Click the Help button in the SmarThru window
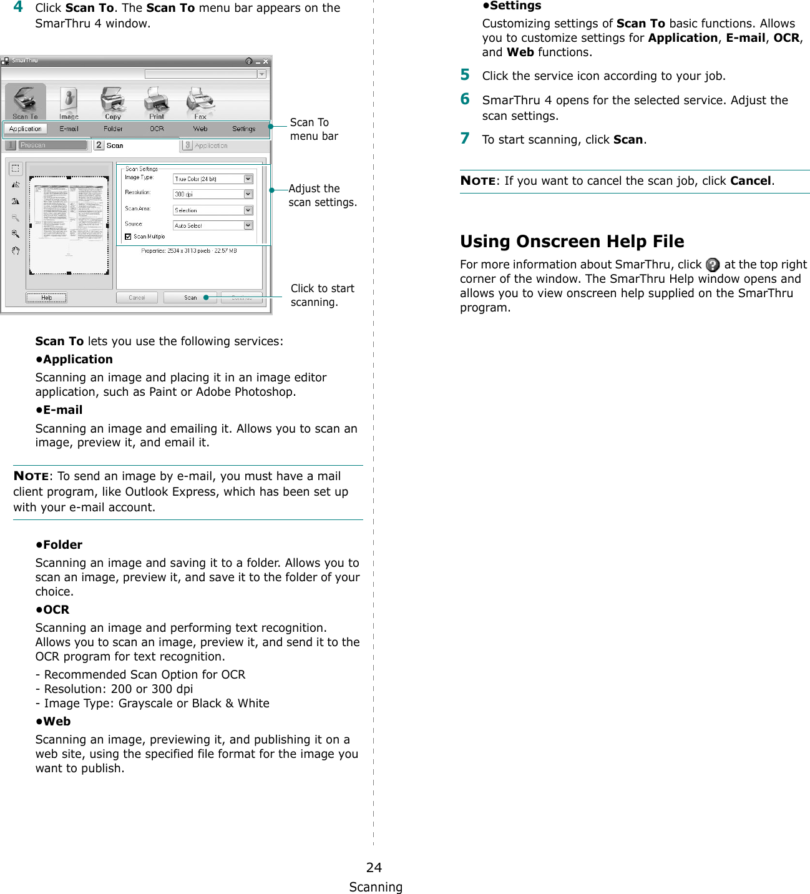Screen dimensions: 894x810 46,298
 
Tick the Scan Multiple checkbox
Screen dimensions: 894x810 128,237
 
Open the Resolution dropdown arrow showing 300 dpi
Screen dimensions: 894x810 248,194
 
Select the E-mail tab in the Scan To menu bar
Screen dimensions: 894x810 69,129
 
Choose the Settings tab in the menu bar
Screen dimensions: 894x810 243,129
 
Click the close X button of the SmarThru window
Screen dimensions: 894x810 266,61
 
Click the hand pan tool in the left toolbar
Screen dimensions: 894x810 16,251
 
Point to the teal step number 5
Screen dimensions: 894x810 465,75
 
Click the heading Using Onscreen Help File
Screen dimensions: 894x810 572,242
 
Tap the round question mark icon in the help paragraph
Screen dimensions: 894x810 713,265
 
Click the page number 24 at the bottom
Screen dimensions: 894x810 374,867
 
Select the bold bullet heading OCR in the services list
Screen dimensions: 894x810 56,610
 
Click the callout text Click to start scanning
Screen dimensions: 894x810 322,295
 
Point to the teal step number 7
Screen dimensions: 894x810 465,139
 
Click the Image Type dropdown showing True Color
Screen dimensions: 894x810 213,179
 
